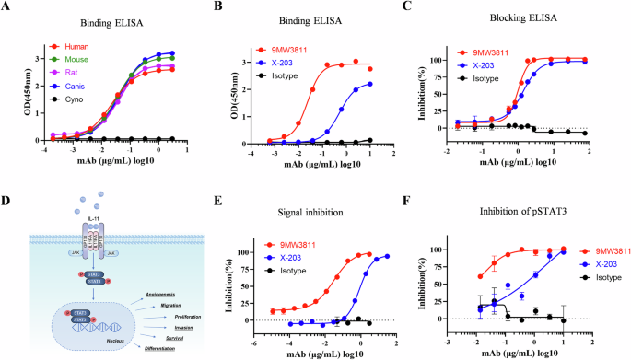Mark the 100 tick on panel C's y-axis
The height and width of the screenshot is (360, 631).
pyautogui.click(x=446, y=59)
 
